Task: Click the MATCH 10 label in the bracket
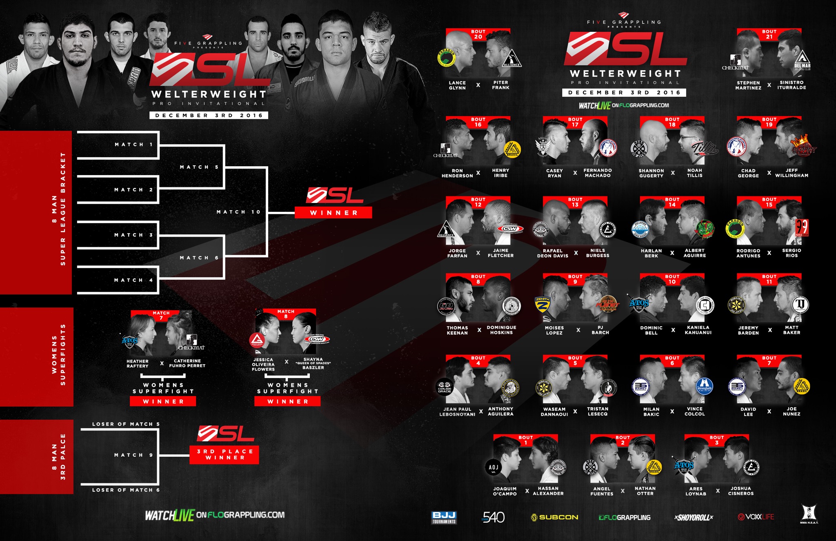tap(238, 212)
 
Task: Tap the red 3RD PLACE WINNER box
tap(224, 454)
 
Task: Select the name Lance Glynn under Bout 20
tap(457, 85)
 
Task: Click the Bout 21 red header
tap(769, 34)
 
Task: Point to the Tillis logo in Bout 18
tap(705, 148)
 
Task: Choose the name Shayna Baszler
tap(313, 363)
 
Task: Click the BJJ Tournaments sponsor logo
tap(444, 517)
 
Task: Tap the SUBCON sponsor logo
tap(554, 517)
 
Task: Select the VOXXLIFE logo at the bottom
tap(756, 517)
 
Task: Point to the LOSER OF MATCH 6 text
tap(126, 490)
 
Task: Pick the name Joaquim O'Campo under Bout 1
tap(505, 491)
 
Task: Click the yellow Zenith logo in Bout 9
tap(543, 304)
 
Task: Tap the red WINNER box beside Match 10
tap(334, 213)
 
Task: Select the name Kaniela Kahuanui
tap(698, 330)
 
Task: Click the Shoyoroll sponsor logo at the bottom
tap(694, 517)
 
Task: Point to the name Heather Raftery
tap(138, 363)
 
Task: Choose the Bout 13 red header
tap(575, 202)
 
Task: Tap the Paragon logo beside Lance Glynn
tap(447, 58)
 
